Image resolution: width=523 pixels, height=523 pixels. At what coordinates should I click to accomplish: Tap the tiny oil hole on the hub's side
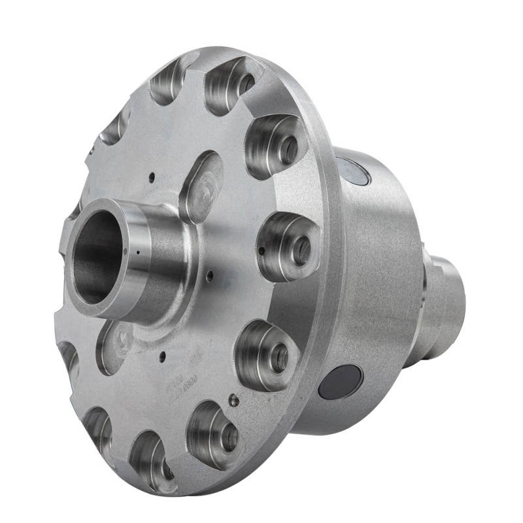click(x=138, y=250)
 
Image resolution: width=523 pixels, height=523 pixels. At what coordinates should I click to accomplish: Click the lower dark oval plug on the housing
click(x=341, y=382)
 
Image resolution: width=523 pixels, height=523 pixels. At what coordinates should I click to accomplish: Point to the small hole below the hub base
click(x=161, y=356)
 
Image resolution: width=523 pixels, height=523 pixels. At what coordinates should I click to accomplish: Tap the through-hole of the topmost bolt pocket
click(x=246, y=83)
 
